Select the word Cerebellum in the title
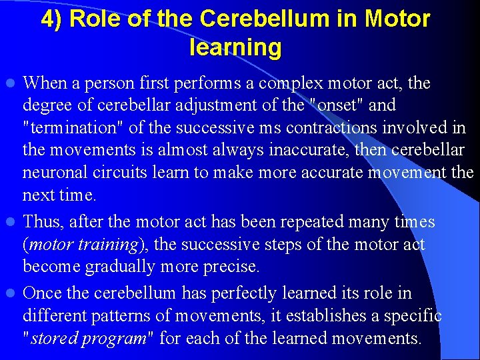[x=257, y=19]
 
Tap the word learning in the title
[x=235, y=48]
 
